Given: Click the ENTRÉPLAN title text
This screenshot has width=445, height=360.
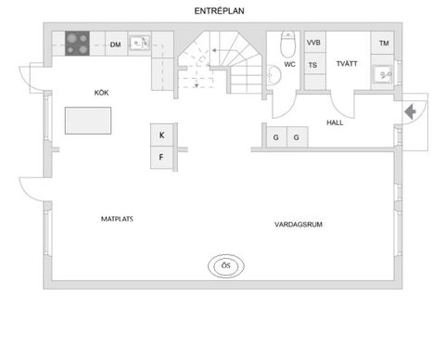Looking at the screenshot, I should [x=220, y=10].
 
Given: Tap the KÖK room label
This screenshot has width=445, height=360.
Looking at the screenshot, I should [x=102, y=93].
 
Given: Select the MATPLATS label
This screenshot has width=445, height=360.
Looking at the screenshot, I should [x=119, y=220].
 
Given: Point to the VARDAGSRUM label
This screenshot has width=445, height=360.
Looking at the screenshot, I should [x=298, y=225].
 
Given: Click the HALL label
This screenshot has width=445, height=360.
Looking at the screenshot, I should [x=336, y=122].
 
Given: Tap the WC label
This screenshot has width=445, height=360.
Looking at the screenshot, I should [x=290, y=66].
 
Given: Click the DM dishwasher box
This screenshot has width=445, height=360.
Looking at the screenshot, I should [x=116, y=44].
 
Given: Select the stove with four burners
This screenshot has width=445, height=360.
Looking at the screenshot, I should [x=77, y=43].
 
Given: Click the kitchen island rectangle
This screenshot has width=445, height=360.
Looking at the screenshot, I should [x=87, y=121].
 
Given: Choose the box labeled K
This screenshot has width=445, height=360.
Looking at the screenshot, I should [x=161, y=135].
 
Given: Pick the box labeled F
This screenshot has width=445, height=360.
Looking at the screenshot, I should [x=161, y=157].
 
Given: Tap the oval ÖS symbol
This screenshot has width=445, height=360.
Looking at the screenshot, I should [x=224, y=266].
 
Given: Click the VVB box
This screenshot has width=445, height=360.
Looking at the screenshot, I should [x=314, y=43].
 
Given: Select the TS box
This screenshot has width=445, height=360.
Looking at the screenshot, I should [x=313, y=66].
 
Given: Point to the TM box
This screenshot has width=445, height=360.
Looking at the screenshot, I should [x=384, y=44].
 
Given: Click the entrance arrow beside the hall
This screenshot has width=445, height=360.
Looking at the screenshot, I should [x=410, y=112].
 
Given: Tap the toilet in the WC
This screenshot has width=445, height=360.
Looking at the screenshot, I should [x=286, y=45].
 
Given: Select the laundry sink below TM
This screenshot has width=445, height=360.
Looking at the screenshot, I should [x=383, y=73].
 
